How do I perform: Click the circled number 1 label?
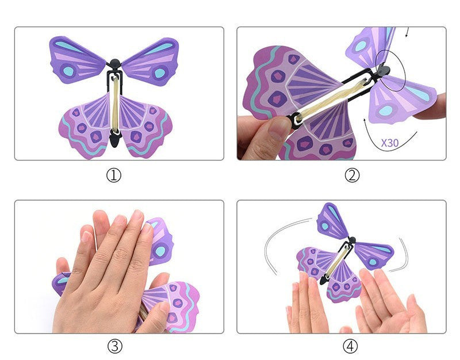click(x=113, y=175)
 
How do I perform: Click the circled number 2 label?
click(x=352, y=175)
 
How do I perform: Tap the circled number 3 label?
click(x=114, y=346)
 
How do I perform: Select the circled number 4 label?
click(x=350, y=346)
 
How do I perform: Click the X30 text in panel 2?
click(x=390, y=143)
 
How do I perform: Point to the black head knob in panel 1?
click(x=114, y=63)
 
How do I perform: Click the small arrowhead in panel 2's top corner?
click(x=407, y=35)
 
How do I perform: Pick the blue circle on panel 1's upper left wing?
click(x=68, y=71)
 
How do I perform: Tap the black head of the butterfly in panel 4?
click(x=352, y=240)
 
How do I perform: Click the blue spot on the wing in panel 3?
click(x=160, y=251)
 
